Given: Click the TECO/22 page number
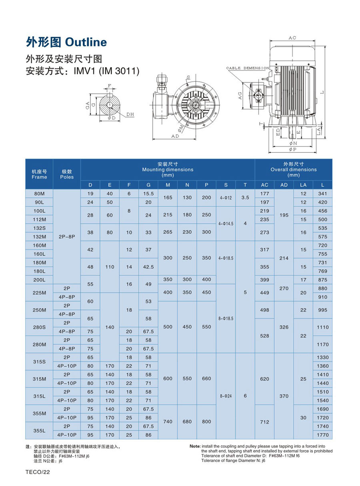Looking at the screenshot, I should click(37, 472).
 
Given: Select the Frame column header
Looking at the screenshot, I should click(39, 174).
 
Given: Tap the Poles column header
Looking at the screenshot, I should click(67, 174).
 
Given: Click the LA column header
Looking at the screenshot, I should click(303, 185).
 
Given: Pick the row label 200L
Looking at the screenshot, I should click(39, 280).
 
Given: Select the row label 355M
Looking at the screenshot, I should click(39, 413).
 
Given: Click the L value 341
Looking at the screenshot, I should click(322, 194).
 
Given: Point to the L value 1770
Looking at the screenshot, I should click(322, 435).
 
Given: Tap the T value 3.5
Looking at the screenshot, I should click(245, 198).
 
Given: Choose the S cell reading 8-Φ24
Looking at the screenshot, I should click(226, 396).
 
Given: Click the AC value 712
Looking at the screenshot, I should click(264, 422).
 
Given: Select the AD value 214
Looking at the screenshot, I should click(284, 258).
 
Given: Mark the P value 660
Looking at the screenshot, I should click(206, 379).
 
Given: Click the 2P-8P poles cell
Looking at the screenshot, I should click(67, 237).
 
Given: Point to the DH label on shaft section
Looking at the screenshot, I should click(130, 114).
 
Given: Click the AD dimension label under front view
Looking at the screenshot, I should click(175, 136).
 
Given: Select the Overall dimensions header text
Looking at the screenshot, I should click(294, 169).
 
